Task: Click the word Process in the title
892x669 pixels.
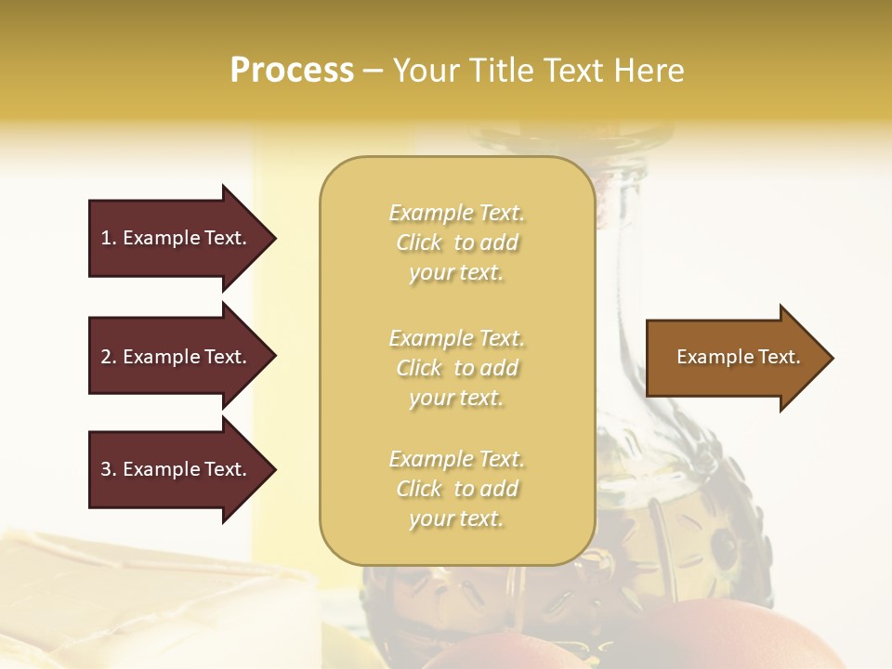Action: pyautogui.click(x=292, y=71)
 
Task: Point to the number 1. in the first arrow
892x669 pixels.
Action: pyautogui.click(x=109, y=238)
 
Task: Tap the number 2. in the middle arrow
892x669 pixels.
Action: pyautogui.click(x=109, y=357)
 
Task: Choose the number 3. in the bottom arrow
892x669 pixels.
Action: pyautogui.click(x=109, y=469)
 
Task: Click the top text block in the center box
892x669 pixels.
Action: pyautogui.click(x=457, y=243)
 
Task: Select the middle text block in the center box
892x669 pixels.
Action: pyautogui.click(x=457, y=368)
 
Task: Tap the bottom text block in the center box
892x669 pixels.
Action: pyautogui.click(x=457, y=489)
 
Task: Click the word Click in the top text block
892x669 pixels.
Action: pyautogui.click(x=419, y=243)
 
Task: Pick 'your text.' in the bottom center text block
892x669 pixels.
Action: pyautogui.click(x=456, y=518)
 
